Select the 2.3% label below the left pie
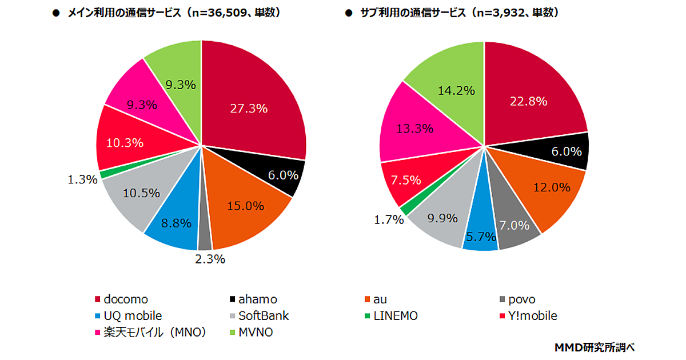pos(210,259)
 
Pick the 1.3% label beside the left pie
pos(82,179)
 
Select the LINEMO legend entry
pos(391,316)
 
